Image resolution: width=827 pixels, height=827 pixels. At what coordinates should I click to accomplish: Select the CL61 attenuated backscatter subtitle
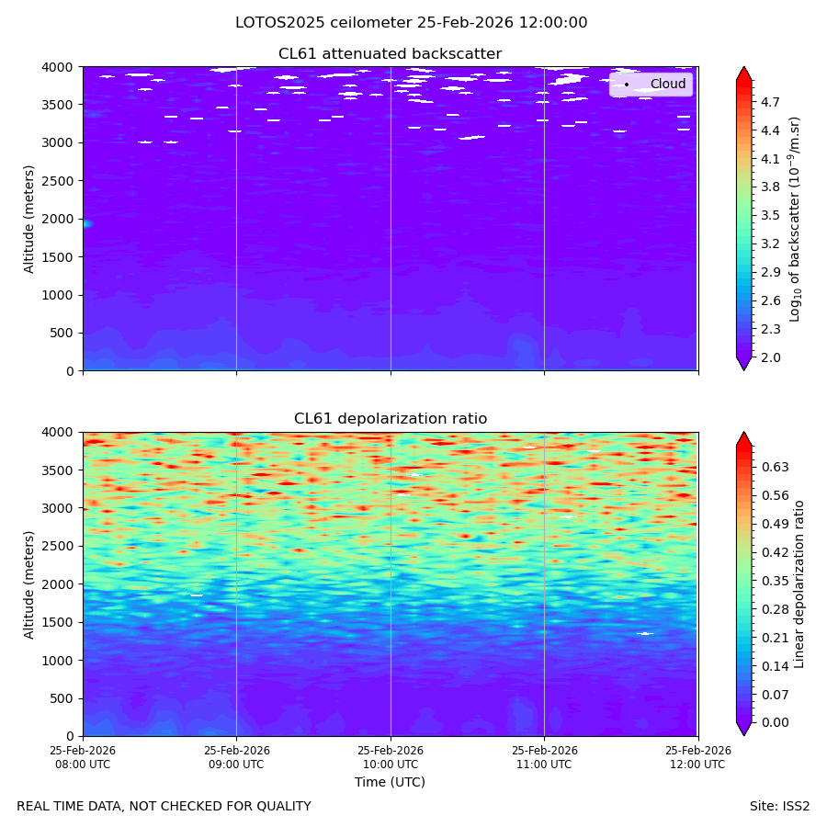pos(391,54)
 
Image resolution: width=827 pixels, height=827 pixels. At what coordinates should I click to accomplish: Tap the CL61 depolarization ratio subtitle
pos(391,419)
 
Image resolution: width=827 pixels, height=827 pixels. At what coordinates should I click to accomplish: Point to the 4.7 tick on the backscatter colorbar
pos(770,102)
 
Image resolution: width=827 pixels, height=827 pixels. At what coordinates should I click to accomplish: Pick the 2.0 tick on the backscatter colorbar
pos(770,357)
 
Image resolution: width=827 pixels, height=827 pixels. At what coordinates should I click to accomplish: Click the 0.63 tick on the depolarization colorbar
pos(776,467)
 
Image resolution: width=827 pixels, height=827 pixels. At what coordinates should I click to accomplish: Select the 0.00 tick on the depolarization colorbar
pos(776,722)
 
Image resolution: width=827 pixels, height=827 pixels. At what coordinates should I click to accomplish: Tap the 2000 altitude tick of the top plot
pos(58,219)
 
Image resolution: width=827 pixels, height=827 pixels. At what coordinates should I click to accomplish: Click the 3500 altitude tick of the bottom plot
pos(58,470)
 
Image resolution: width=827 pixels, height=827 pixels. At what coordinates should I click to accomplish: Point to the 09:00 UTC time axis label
pos(236,757)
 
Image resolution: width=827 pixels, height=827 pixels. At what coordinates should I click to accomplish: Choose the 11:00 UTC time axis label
pos(544,757)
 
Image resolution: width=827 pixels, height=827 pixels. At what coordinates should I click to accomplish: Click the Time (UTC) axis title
pos(390,782)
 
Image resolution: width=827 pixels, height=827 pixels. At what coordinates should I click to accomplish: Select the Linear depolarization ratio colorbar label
pos(799,584)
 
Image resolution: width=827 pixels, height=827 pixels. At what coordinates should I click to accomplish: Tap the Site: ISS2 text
pos(779,807)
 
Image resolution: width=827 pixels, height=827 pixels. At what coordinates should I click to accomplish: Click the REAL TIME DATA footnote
pos(164,807)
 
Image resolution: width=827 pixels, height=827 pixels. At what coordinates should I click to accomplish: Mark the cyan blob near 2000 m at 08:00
pos(87,224)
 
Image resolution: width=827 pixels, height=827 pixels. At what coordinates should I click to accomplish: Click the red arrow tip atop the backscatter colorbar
pos(744,67)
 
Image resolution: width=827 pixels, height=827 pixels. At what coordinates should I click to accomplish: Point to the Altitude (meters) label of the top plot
pos(29,220)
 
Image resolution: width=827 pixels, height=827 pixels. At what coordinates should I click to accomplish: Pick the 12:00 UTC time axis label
pos(697,757)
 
